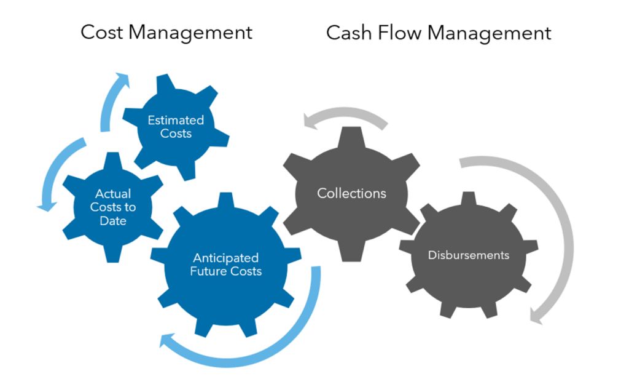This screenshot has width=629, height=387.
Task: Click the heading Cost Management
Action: click(x=166, y=32)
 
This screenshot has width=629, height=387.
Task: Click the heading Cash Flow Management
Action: click(x=439, y=32)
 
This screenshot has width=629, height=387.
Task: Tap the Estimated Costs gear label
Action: click(x=176, y=126)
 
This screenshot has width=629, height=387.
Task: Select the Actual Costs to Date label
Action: click(x=113, y=207)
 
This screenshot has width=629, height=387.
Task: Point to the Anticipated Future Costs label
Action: click(x=225, y=265)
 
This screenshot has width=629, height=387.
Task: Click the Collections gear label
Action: click(x=351, y=193)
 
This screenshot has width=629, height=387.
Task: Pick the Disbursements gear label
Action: click(x=469, y=255)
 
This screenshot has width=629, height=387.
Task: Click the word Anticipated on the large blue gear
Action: click(x=225, y=258)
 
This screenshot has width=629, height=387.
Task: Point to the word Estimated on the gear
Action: click(x=176, y=119)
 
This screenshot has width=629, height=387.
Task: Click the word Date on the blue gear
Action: click(x=113, y=220)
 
